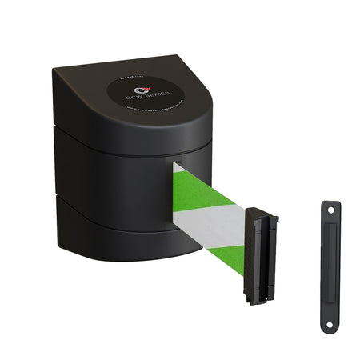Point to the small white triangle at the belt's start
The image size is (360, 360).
tap(177, 170)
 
